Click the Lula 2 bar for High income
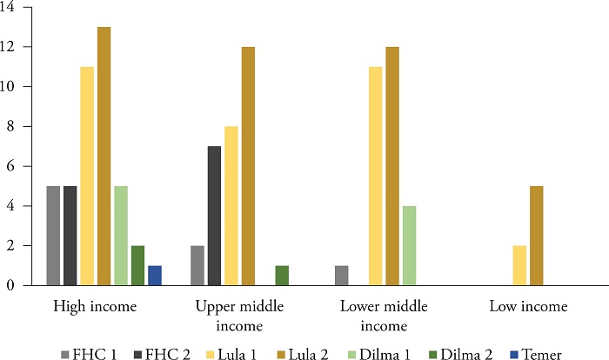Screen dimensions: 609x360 (104, 157)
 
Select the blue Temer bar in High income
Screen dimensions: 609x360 (155, 276)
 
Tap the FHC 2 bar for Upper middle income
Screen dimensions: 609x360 (214, 216)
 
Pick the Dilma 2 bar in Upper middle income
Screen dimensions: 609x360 (282, 276)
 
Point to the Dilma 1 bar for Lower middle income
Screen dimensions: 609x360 (410, 246)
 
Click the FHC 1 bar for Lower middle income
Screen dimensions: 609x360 (341, 276)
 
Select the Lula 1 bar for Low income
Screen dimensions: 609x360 (519, 265)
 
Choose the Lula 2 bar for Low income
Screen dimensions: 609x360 (537, 236)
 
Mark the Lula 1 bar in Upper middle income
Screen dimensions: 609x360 (231, 206)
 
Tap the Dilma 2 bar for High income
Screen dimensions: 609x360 (137, 265)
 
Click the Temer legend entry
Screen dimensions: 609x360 (535, 354)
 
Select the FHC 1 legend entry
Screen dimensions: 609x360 (89, 354)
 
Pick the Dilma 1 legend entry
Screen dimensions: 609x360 (379, 354)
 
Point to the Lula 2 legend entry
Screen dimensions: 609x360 (302, 354)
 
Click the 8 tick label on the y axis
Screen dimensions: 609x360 (10, 127)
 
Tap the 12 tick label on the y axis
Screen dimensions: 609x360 (7, 47)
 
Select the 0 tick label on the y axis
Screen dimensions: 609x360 (10, 285)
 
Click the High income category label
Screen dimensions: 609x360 (95, 306)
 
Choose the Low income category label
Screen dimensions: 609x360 (528, 306)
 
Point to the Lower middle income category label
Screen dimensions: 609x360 (384, 316)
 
